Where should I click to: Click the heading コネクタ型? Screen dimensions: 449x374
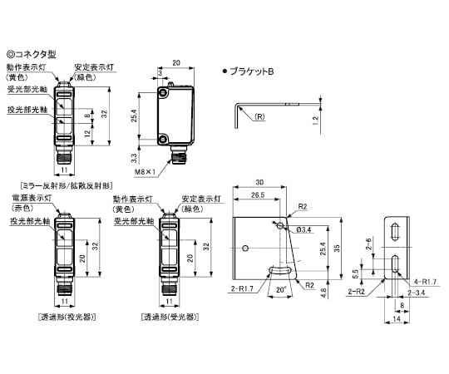click(x=35, y=54)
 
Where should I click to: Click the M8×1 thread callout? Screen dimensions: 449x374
click(x=145, y=172)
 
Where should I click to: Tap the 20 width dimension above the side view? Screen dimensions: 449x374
click(x=176, y=62)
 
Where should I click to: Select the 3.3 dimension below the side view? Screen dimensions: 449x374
click(x=134, y=158)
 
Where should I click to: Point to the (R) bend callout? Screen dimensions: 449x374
click(x=259, y=117)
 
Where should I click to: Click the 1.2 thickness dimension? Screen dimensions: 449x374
click(x=316, y=121)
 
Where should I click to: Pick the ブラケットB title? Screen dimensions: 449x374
click(x=252, y=71)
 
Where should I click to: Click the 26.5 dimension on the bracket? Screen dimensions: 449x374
click(x=258, y=194)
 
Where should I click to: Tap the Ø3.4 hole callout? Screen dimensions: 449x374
click(x=303, y=229)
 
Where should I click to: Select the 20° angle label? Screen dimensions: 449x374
click(x=281, y=289)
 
